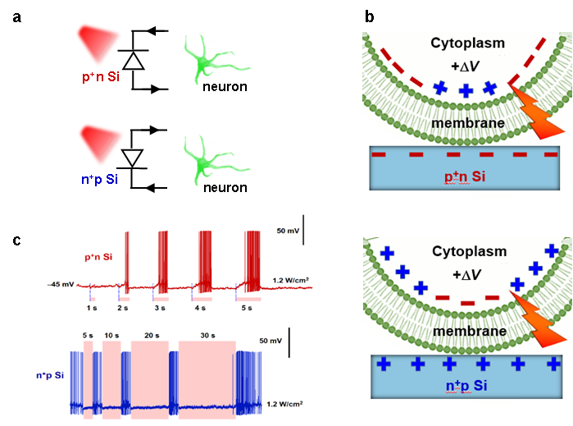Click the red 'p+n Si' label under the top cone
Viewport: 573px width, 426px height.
(102, 78)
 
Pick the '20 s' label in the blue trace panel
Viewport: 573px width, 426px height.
(152, 335)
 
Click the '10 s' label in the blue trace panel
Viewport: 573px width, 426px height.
(112, 335)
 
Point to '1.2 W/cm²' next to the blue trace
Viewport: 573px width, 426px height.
(286, 405)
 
